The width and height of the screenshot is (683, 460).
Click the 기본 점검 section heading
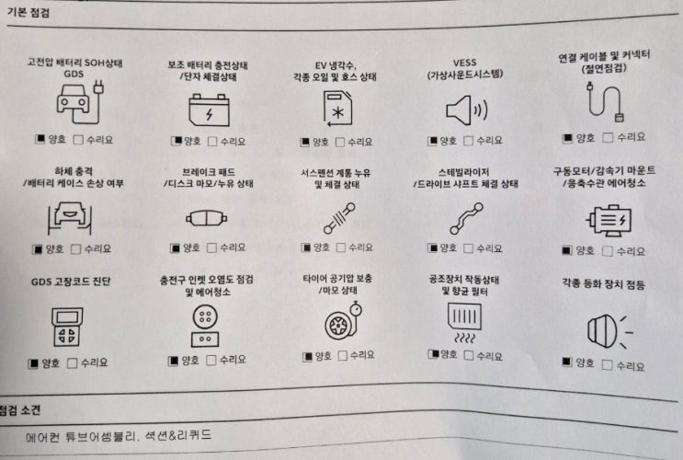[x=28, y=12]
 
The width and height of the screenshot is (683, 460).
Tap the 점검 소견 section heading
[x=20, y=409]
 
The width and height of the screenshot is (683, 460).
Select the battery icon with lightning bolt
[x=209, y=109]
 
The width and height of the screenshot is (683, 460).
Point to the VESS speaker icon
[x=466, y=109]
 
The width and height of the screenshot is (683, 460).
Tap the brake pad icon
[x=207, y=218]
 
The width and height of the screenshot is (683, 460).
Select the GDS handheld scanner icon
[x=67, y=328]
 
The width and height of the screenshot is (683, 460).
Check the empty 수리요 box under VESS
[x=468, y=141]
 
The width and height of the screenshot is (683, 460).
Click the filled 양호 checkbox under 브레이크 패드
[x=175, y=248]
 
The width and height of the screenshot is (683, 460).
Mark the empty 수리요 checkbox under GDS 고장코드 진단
[x=73, y=363]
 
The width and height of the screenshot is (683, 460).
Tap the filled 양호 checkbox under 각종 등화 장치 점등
[x=566, y=362]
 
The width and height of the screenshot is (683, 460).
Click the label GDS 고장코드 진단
[x=71, y=282]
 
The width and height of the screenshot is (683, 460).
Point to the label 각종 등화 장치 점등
[x=603, y=284]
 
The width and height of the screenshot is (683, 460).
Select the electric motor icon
[x=609, y=220]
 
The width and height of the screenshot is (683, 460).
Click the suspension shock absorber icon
[x=339, y=217]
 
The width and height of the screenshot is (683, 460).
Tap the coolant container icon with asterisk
[x=337, y=109]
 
